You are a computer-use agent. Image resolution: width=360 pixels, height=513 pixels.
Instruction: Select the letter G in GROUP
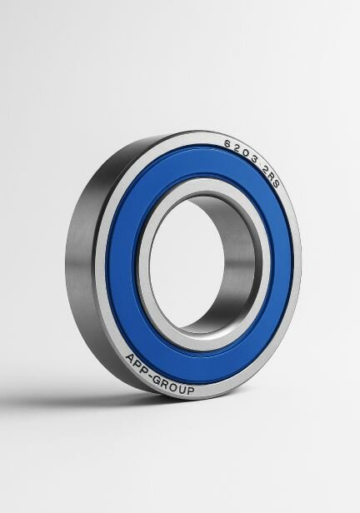pos(157,381)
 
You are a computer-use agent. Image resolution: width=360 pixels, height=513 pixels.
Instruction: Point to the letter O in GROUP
pos(173,387)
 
